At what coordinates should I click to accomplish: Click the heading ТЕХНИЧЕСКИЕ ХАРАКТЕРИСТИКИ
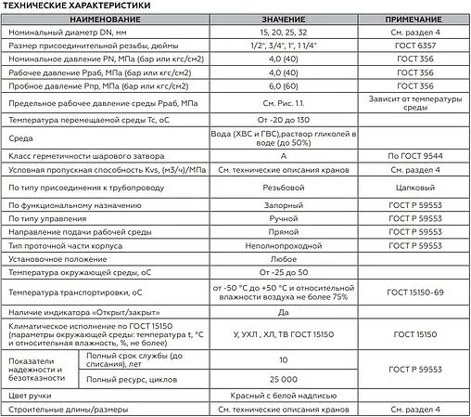[x=69, y=7]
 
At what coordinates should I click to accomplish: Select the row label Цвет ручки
[x=28, y=395]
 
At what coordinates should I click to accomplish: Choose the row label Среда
[x=19, y=139]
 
